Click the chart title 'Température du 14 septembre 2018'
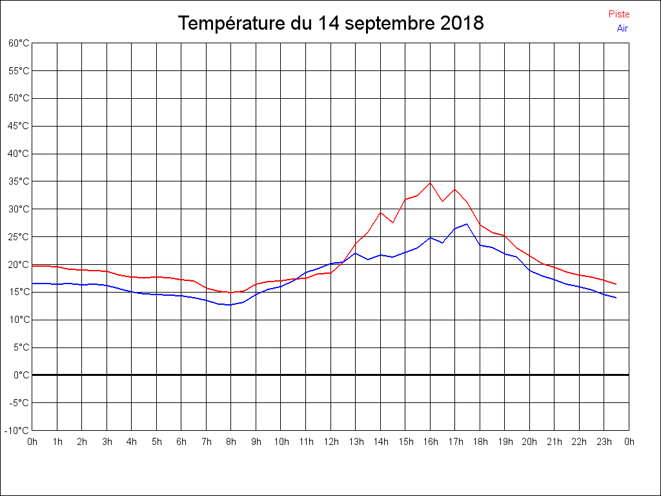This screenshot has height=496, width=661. tap(330, 23)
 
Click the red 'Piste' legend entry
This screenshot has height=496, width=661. tap(618, 14)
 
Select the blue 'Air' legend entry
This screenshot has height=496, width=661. tap(622, 28)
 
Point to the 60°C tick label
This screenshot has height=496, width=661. tap(19, 43)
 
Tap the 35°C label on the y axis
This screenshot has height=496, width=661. tap(19, 181)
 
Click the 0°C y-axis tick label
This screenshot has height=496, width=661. tap(21, 375)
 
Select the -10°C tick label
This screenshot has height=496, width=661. tap(17, 430)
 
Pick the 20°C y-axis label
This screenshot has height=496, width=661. tap(19, 265)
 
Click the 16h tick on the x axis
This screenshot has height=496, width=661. tap(431, 442)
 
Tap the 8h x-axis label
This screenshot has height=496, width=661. tap(231, 442)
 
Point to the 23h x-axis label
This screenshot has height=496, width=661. tap(604, 442)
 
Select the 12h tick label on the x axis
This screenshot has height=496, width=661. tap(330, 442)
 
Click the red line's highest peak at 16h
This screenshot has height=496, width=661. tap(430, 183)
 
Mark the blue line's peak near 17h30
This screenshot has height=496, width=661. tap(467, 224)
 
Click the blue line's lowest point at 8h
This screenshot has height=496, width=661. tap(230, 305)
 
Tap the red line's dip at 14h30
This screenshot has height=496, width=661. tap(392, 222)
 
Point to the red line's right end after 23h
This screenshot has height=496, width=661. tap(616, 284)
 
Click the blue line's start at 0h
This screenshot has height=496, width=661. tap(33, 284)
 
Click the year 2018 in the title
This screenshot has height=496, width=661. tap(462, 23)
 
